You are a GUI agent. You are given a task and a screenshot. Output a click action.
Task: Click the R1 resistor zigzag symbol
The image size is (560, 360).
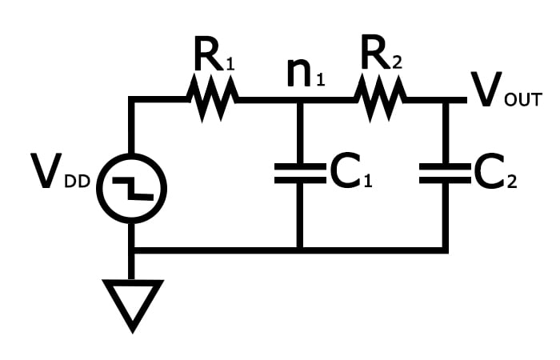pyautogui.click(x=213, y=100)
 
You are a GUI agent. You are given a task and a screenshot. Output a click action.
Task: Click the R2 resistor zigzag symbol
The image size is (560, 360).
pyautogui.click(x=381, y=100)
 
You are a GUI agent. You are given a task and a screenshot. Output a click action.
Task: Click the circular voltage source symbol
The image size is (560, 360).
pyautogui.click(x=132, y=189)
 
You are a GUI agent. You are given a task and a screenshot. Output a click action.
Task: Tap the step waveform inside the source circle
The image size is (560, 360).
pyautogui.click(x=132, y=189)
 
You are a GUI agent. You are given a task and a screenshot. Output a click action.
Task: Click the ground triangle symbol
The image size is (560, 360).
pyautogui.click(x=132, y=302)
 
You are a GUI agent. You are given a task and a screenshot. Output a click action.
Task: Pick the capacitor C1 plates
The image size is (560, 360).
pyautogui.click(x=299, y=174)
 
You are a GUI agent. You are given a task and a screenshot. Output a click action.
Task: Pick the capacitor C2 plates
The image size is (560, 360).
pyautogui.click(x=445, y=174)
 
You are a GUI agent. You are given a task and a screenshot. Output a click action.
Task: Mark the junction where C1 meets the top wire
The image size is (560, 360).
pyautogui.click(x=299, y=100)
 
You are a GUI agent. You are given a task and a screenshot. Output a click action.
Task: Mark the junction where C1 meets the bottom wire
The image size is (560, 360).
pyautogui.click(x=299, y=250)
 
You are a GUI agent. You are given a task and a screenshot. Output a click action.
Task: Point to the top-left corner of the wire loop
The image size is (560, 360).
pyautogui.click(x=132, y=100)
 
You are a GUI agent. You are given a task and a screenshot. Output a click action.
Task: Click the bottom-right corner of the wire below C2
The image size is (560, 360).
pyautogui.click(x=445, y=250)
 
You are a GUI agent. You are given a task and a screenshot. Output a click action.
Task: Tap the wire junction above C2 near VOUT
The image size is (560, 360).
pyautogui.click(x=445, y=100)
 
